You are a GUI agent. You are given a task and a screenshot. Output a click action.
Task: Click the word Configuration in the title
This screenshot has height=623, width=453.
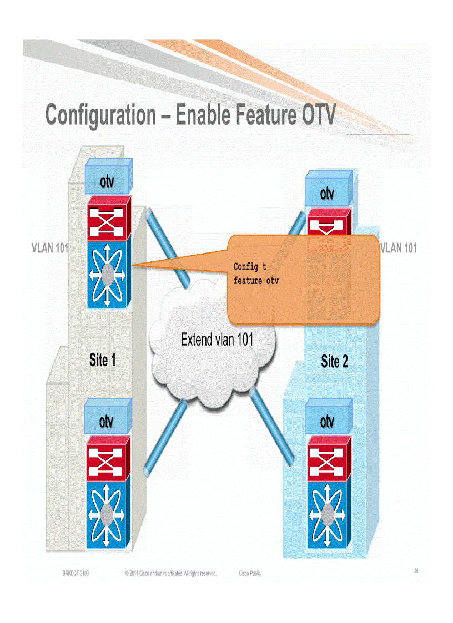100,115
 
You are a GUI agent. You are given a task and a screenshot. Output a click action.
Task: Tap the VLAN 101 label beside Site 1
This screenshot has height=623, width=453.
49,249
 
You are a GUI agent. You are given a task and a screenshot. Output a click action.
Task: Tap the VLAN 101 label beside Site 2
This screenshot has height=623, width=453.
398,248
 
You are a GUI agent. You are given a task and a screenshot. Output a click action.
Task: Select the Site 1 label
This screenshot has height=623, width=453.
103,360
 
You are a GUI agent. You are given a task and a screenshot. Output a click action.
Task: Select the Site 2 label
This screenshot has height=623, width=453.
335,362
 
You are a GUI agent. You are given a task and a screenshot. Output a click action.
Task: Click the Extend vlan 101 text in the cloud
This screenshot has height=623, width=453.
217,339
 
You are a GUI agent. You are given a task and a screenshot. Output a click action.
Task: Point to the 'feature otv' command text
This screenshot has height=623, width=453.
256,281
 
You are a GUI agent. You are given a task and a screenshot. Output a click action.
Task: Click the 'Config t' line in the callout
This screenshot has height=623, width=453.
250,267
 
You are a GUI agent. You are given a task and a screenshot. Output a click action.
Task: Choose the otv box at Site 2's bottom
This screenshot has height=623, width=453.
328,421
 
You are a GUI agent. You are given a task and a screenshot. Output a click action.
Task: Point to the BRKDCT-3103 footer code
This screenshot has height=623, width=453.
75,573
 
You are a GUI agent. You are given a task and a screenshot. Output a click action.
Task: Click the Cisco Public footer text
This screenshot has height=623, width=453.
250,573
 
